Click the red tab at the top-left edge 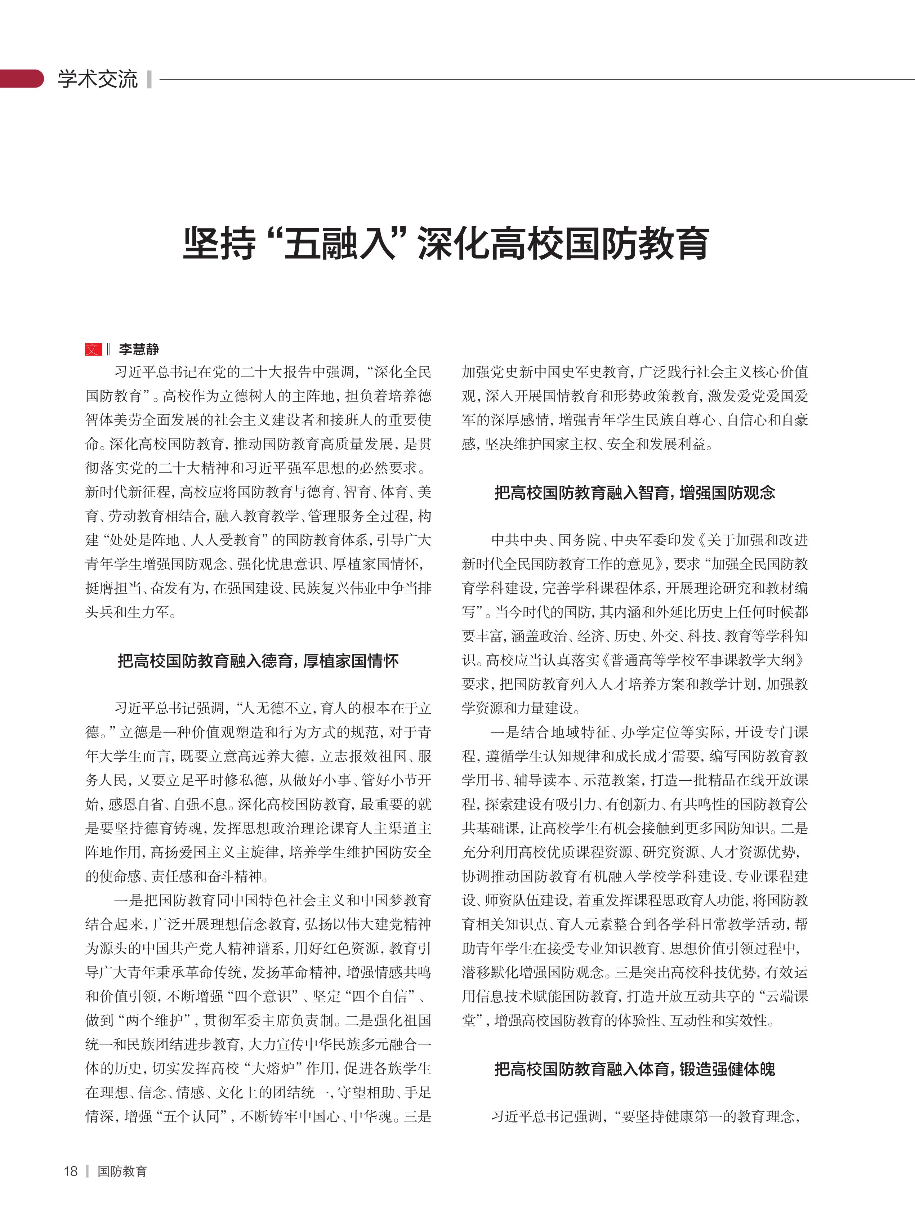(x=21, y=79)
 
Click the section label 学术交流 (x=98, y=79)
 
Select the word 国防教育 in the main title (x=637, y=244)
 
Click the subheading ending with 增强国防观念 (x=635, y=492)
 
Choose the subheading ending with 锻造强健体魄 (x=635, y=1069)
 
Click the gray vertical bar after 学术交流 (x=149, y=79)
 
